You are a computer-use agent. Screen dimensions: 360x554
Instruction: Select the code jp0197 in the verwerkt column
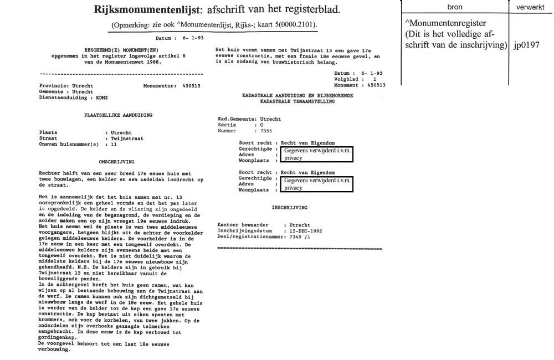point(526,45)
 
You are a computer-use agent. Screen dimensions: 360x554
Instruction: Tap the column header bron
point(455,6)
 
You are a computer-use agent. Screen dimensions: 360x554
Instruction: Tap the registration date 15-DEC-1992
point(302,230)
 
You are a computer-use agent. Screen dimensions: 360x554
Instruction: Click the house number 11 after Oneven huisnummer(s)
point(114,144)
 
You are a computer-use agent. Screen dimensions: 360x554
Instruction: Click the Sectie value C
point(255,125)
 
